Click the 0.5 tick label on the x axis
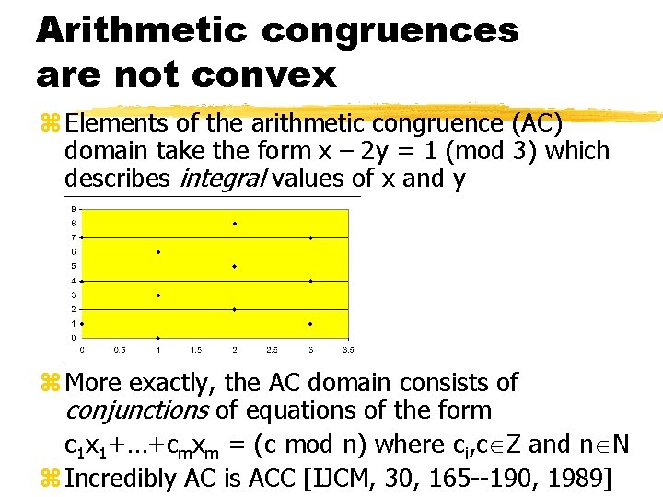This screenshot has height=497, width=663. (119, 350)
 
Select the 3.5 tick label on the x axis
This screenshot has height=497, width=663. (349, 350)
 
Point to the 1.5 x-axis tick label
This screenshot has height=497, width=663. (195, 350)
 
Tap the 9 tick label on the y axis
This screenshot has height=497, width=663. (74, 209)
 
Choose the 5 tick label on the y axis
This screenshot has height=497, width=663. (74, 266)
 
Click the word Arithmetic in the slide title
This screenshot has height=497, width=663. (141, 30)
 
